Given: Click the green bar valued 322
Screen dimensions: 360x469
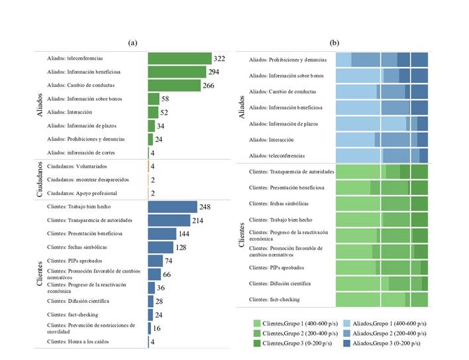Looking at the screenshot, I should (180, 59).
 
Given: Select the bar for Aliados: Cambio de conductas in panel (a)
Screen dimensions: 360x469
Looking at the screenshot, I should (174, 86).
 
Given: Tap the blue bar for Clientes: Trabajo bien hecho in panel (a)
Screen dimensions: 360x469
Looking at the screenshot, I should (172, 207).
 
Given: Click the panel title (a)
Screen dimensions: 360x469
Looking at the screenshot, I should (132, 42).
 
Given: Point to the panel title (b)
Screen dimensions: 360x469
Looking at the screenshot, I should (335, 42).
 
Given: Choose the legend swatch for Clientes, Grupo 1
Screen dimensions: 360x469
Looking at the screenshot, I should (256, 323).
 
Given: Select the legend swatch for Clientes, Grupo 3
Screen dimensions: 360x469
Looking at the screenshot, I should (256, 343).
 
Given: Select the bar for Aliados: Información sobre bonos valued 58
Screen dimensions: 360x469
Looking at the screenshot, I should (153, 99).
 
